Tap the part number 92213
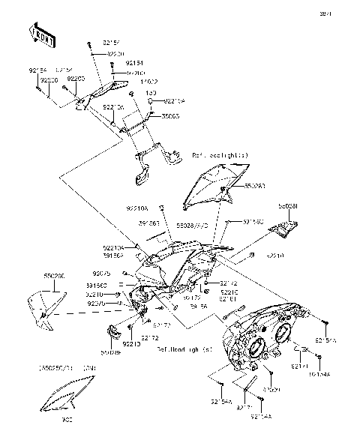pos(131,344)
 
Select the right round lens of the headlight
pos(284,334)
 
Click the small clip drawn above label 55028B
pos(112,331)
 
